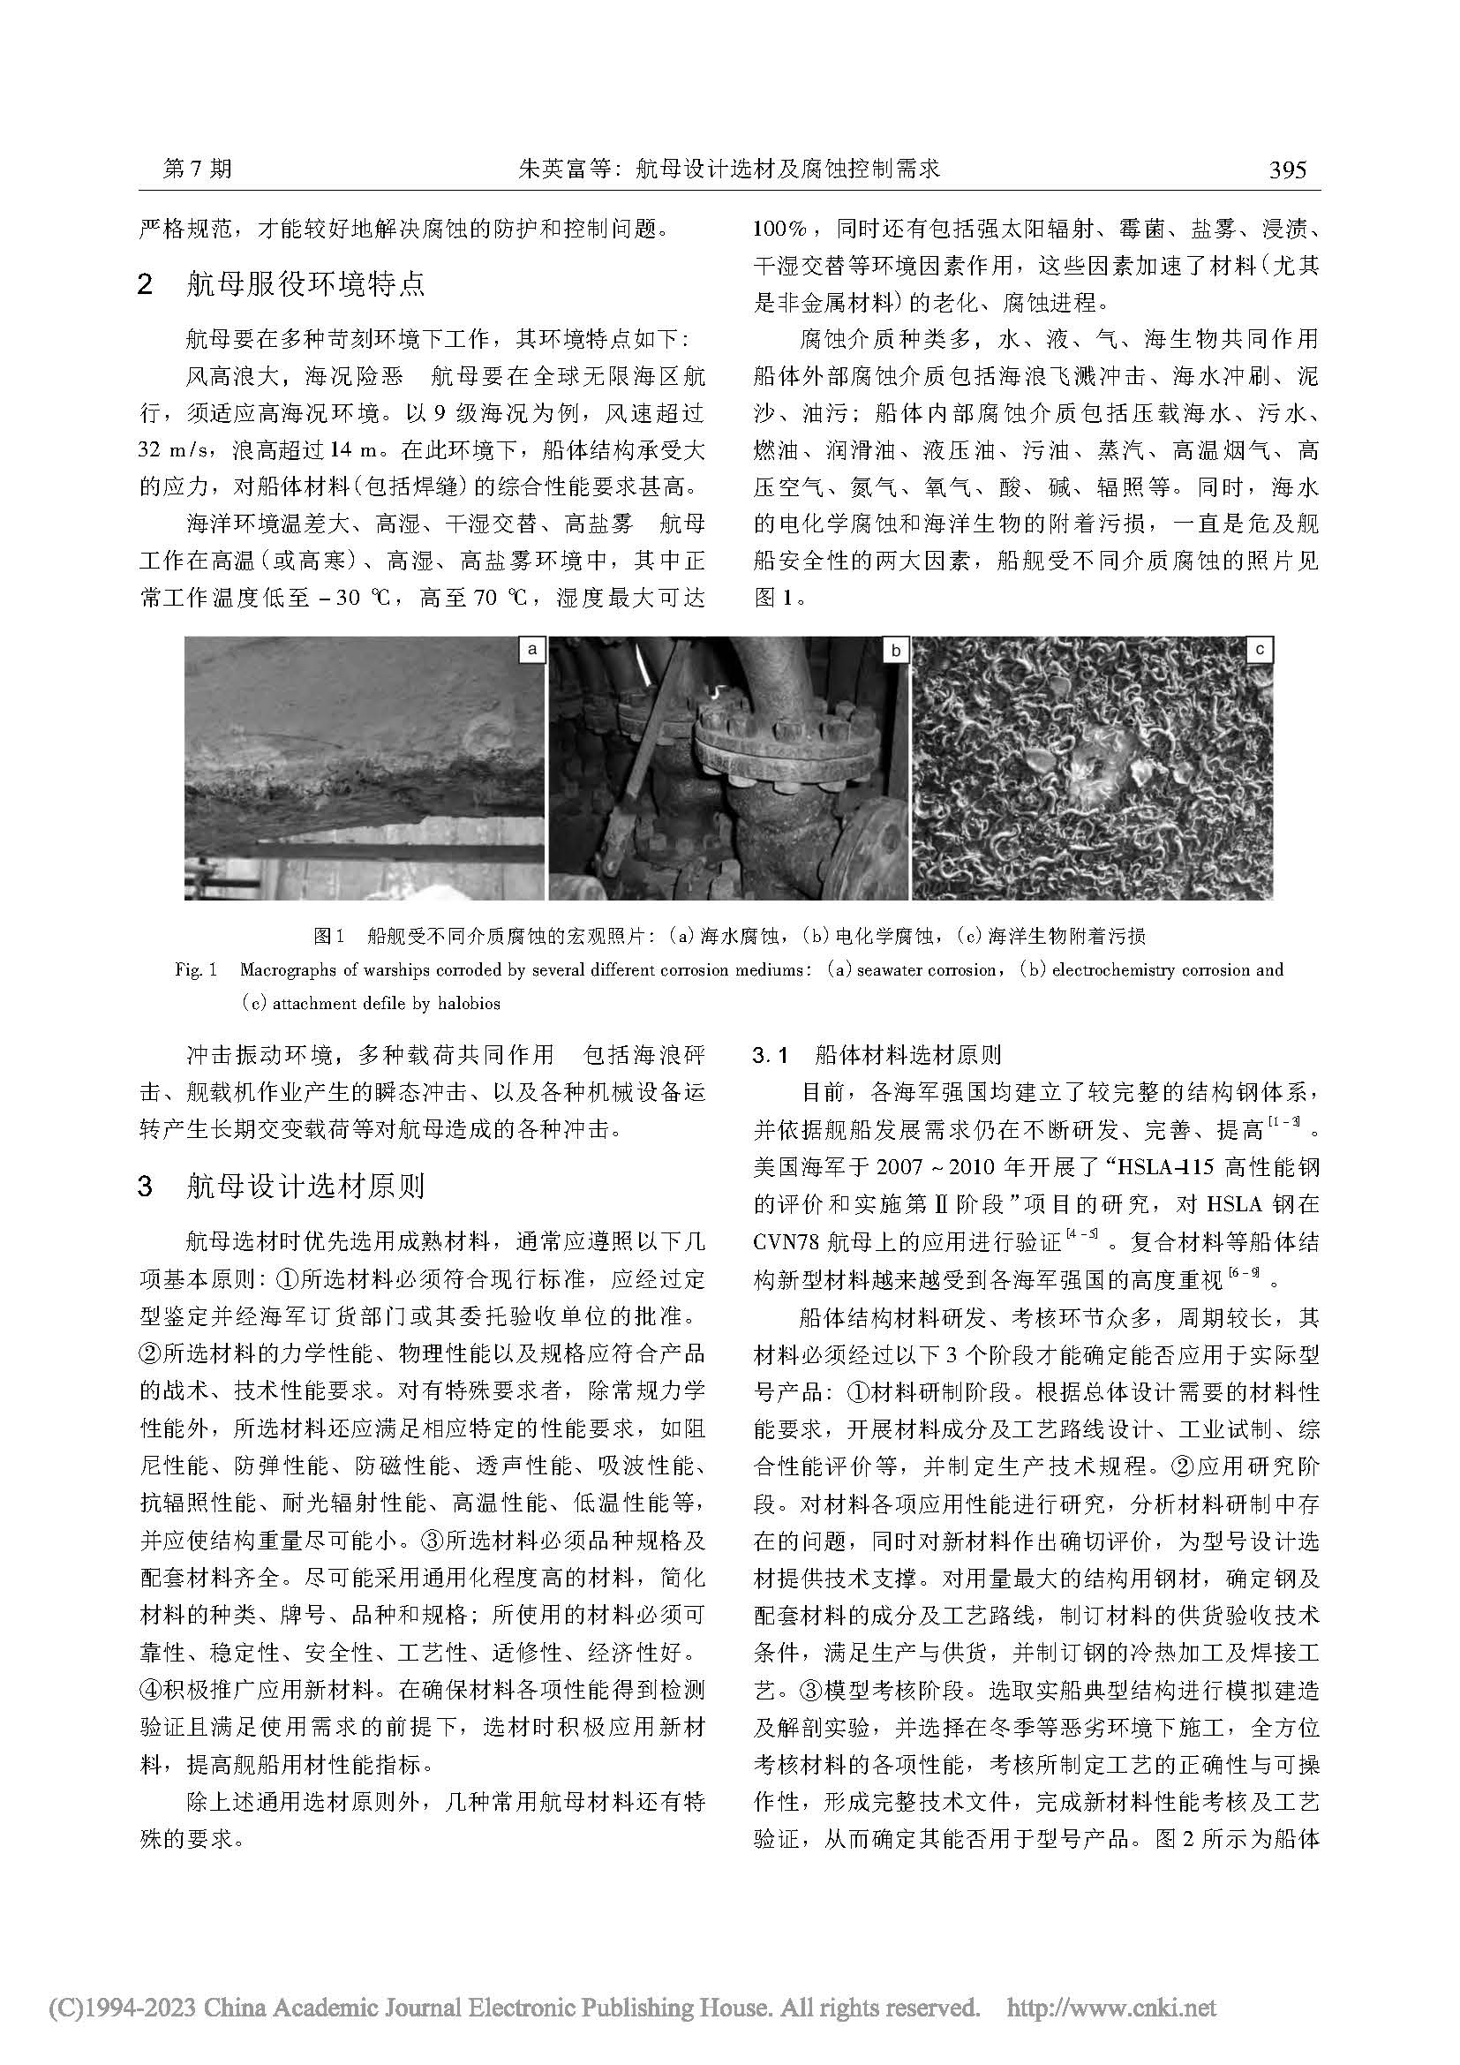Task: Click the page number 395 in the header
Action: (x=1286, y=170)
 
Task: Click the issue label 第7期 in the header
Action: (x=197, y=170)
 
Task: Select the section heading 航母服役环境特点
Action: (x=305, y=284)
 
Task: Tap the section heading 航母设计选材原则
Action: (x=305, y=1187)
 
